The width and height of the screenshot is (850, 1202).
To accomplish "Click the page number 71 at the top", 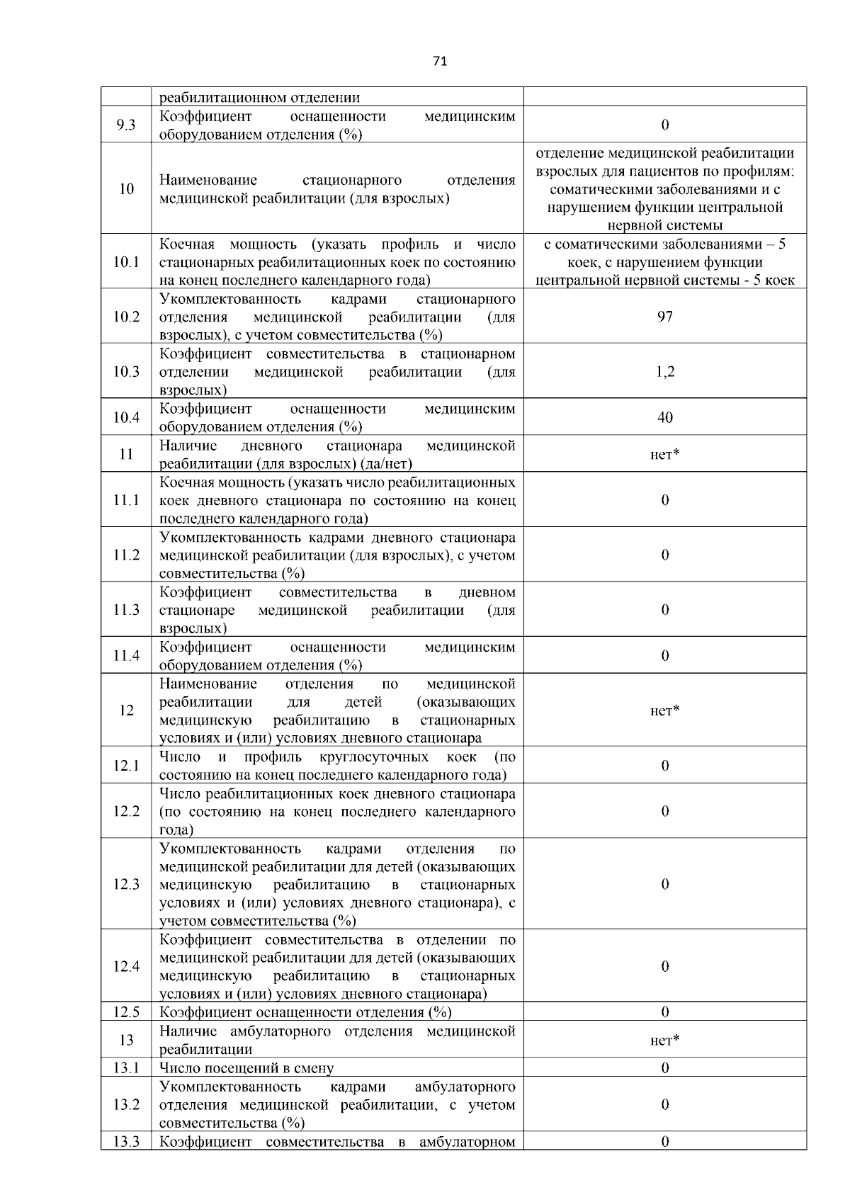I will (439, 62).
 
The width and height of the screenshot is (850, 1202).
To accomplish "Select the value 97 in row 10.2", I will (664, 317).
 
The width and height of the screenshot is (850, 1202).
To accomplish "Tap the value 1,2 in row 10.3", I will (664, 372).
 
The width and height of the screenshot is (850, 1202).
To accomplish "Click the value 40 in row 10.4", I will (664, 418).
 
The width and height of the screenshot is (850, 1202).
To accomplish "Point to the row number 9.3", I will (126, 125).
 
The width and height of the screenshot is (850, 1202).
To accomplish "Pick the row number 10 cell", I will (126, 189).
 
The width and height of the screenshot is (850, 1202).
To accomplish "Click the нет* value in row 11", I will (664, 454).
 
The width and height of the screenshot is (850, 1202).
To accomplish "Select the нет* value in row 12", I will (664, 710).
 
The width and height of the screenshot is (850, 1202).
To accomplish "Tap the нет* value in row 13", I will (664, 1040).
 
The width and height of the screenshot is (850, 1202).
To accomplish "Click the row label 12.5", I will (126, 1012).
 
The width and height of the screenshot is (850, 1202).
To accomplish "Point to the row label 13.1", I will (126, 1067).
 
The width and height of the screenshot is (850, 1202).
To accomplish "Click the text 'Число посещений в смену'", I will (246, 1067).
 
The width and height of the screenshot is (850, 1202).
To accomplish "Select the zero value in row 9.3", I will (664, 125).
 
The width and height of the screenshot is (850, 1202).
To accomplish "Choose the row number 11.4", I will (126, 656).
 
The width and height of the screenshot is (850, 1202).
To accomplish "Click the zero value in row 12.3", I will (664, 884).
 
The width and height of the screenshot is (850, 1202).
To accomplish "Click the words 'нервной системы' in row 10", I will (664, 226).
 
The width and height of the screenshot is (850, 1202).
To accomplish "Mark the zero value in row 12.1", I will (664, 766).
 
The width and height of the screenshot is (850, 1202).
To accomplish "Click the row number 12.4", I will (126, 967).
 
